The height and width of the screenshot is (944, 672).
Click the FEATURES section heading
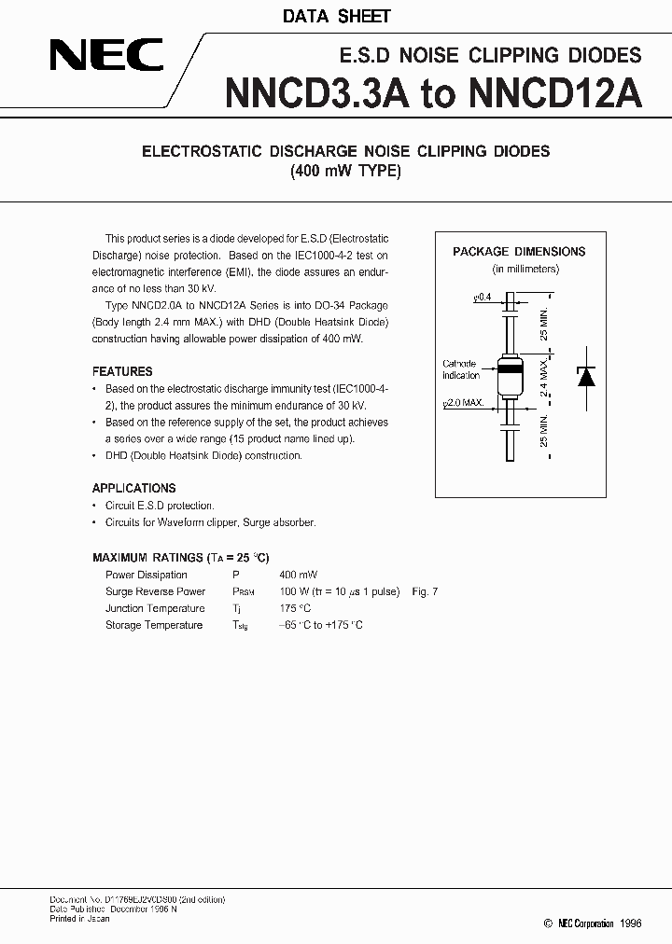click(122, 370)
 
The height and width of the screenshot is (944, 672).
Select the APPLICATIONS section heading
click(133, 488)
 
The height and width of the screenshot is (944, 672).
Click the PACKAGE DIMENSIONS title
click(519, 251)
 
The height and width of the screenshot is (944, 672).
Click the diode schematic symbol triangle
click(586, 377)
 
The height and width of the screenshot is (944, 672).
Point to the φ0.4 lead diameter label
click(483, 296)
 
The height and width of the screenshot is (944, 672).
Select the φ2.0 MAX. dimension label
click(465, 403)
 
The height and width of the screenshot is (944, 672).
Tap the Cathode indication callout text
click(459, 369)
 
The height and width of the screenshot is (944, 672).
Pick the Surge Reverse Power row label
click(155, 591)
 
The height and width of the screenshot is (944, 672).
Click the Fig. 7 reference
click(424, 591)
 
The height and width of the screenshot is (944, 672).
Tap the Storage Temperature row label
click(154, 625)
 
